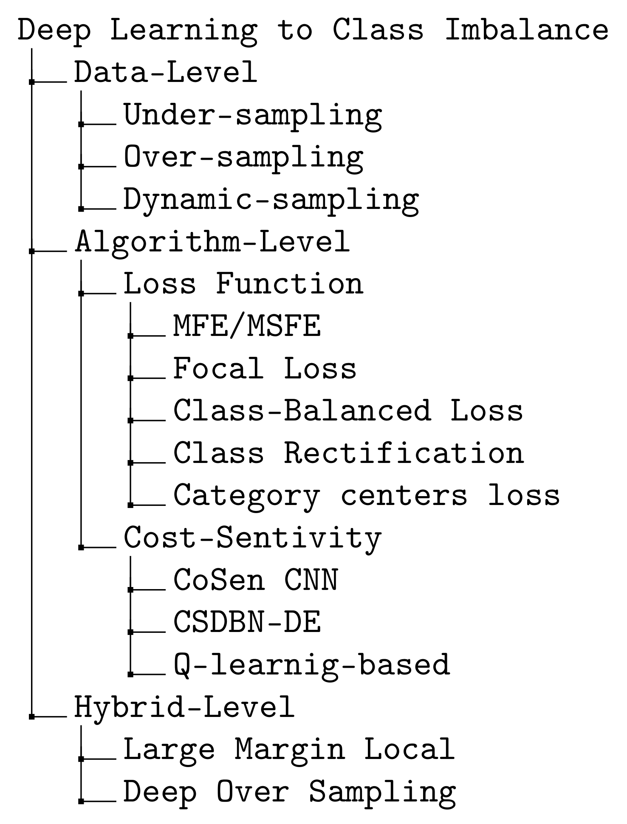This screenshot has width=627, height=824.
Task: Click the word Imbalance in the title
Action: (526, 30)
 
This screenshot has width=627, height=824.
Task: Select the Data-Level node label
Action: (166, 72)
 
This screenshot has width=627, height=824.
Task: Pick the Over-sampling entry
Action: (243, 158)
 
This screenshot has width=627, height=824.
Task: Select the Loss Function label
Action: (243, 284)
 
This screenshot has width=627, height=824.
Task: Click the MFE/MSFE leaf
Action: (247, 326)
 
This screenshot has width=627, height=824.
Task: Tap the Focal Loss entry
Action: (265, 368)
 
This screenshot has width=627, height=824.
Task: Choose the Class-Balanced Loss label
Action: (348, 411)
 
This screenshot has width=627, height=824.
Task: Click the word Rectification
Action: (404, 453)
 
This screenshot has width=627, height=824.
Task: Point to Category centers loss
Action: (367, 496)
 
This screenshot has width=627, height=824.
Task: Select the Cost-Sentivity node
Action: (253, 538)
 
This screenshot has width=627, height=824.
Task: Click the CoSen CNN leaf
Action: (256, 580)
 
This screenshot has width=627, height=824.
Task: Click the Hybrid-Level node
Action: (184, 707)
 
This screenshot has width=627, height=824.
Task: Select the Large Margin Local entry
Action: (289, 749)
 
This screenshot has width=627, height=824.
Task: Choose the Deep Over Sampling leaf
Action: (290, 792)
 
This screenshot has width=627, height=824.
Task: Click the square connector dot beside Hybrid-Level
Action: (32, 717)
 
